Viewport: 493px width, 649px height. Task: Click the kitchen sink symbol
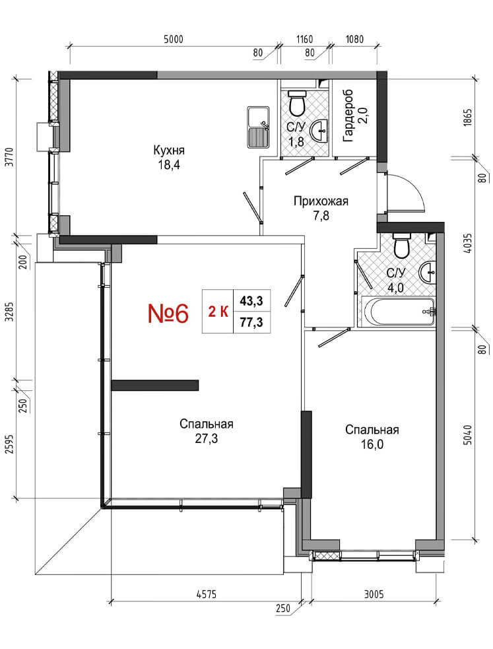(x=258, y=127)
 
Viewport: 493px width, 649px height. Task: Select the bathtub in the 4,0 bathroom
(x=399, y=312)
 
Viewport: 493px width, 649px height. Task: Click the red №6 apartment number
(x=168, y=313)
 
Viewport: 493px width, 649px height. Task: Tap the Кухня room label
(x=169, y=150)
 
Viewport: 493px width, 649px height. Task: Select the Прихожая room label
(x=321, y=201)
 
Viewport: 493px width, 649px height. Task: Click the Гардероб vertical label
(x=348, y=116)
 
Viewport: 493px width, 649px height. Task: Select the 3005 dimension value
(x=374, y=595)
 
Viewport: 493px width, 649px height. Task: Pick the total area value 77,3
(x=252, y=322)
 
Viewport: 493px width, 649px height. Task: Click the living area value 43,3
(x=252, y=301)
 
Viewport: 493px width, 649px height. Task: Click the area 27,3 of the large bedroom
(x=207, y=438)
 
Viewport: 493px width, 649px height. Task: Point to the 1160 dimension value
(x=304, y=40)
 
